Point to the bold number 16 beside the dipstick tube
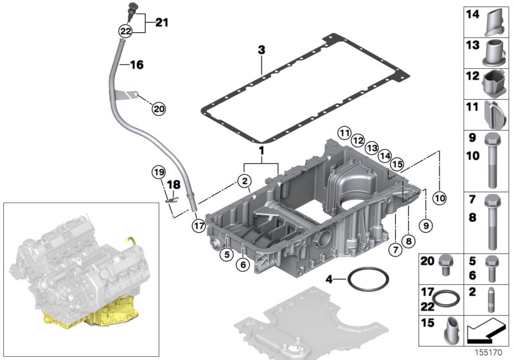click(137, 64)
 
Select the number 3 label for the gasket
click(261, 49)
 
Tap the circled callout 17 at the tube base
click(198, 225)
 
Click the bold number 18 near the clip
click(172, 184)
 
